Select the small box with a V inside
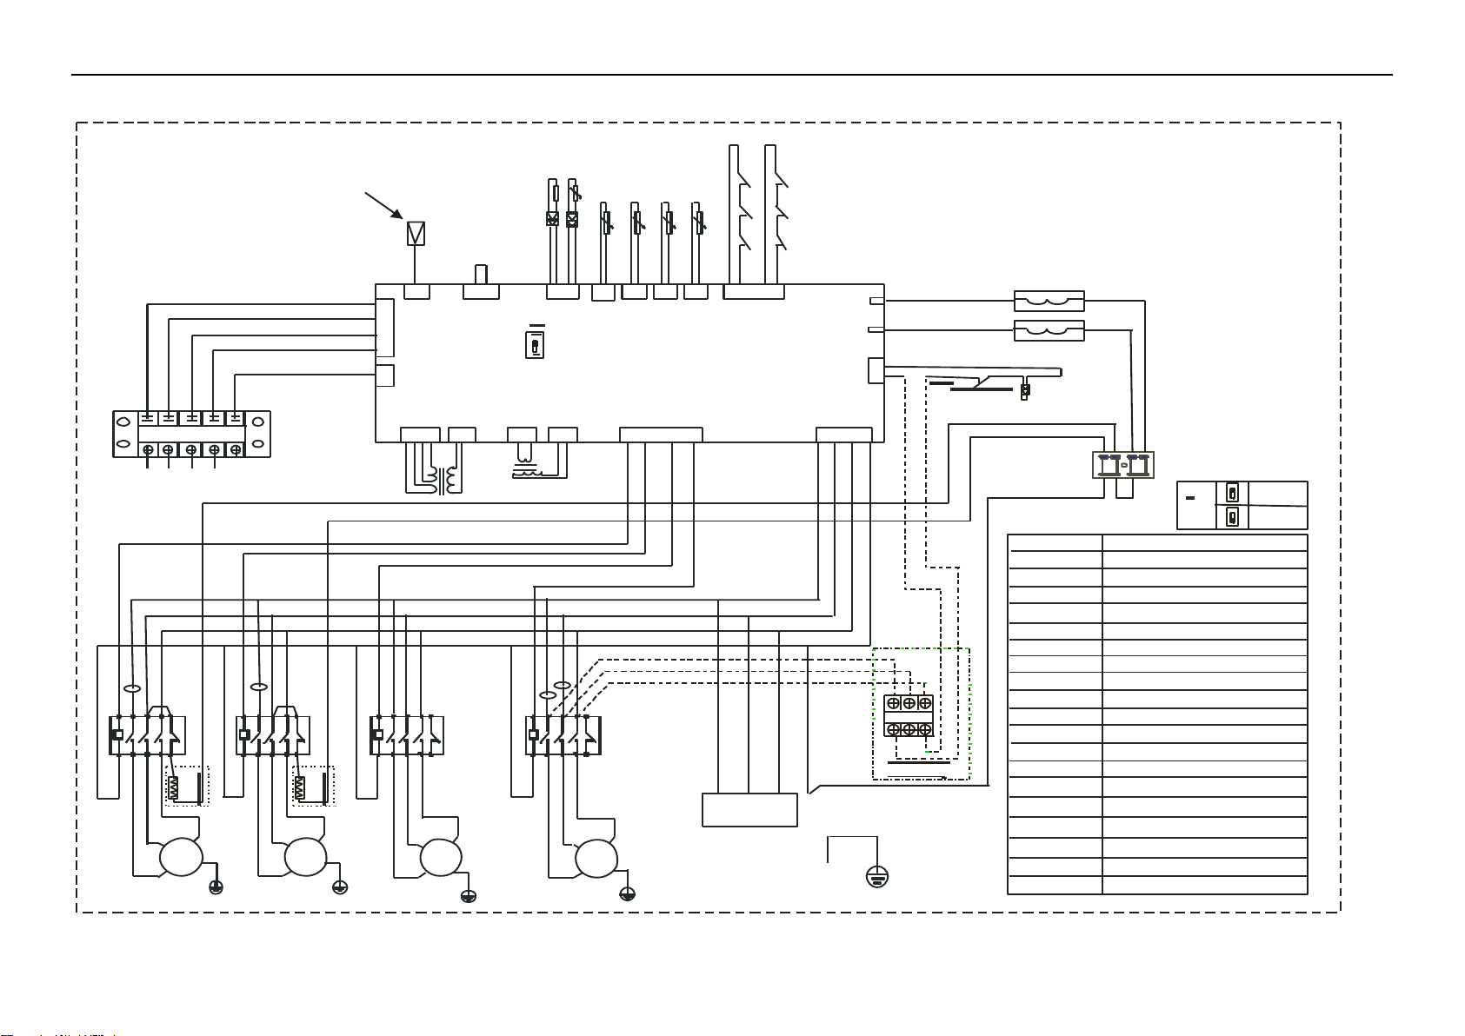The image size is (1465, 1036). click(416, 234)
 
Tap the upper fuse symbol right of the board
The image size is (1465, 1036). click(1049, 302)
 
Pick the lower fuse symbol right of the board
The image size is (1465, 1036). click(1049, 331)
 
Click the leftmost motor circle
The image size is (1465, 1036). click(181, 858)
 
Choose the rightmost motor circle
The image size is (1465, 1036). click(596, 858)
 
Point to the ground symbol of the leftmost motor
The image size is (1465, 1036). click(216, 887)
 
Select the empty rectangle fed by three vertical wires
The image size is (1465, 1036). click(749, 809)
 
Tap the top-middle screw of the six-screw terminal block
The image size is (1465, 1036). click(909, 703)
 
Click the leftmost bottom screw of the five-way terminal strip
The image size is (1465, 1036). click(149, 449)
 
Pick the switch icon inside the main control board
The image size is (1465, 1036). click(535, 345)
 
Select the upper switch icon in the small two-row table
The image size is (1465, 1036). click(1232, 493)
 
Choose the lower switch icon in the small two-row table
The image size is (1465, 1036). click(1232, 518)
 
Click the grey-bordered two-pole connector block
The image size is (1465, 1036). click(1123, 465)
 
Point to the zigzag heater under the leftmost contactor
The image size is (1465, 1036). click(173, 788)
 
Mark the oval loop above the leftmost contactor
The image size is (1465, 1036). click(132, 688)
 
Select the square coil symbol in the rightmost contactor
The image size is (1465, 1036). click(534, 735)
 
